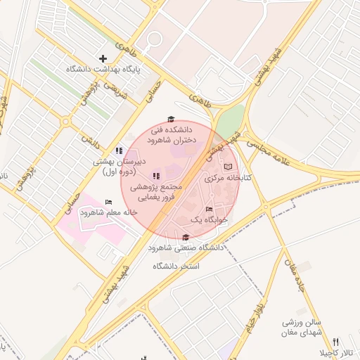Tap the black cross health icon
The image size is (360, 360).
(103, 58)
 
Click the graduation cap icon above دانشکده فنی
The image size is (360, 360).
(170, 120)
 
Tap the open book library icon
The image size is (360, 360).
(227, 167)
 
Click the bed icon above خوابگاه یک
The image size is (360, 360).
(208, 209)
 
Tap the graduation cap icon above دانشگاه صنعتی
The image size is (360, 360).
(186, 238)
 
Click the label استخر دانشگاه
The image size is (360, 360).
(176, 267)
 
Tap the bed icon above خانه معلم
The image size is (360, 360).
(108, 202)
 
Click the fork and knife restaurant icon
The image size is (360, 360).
(335, 341)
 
